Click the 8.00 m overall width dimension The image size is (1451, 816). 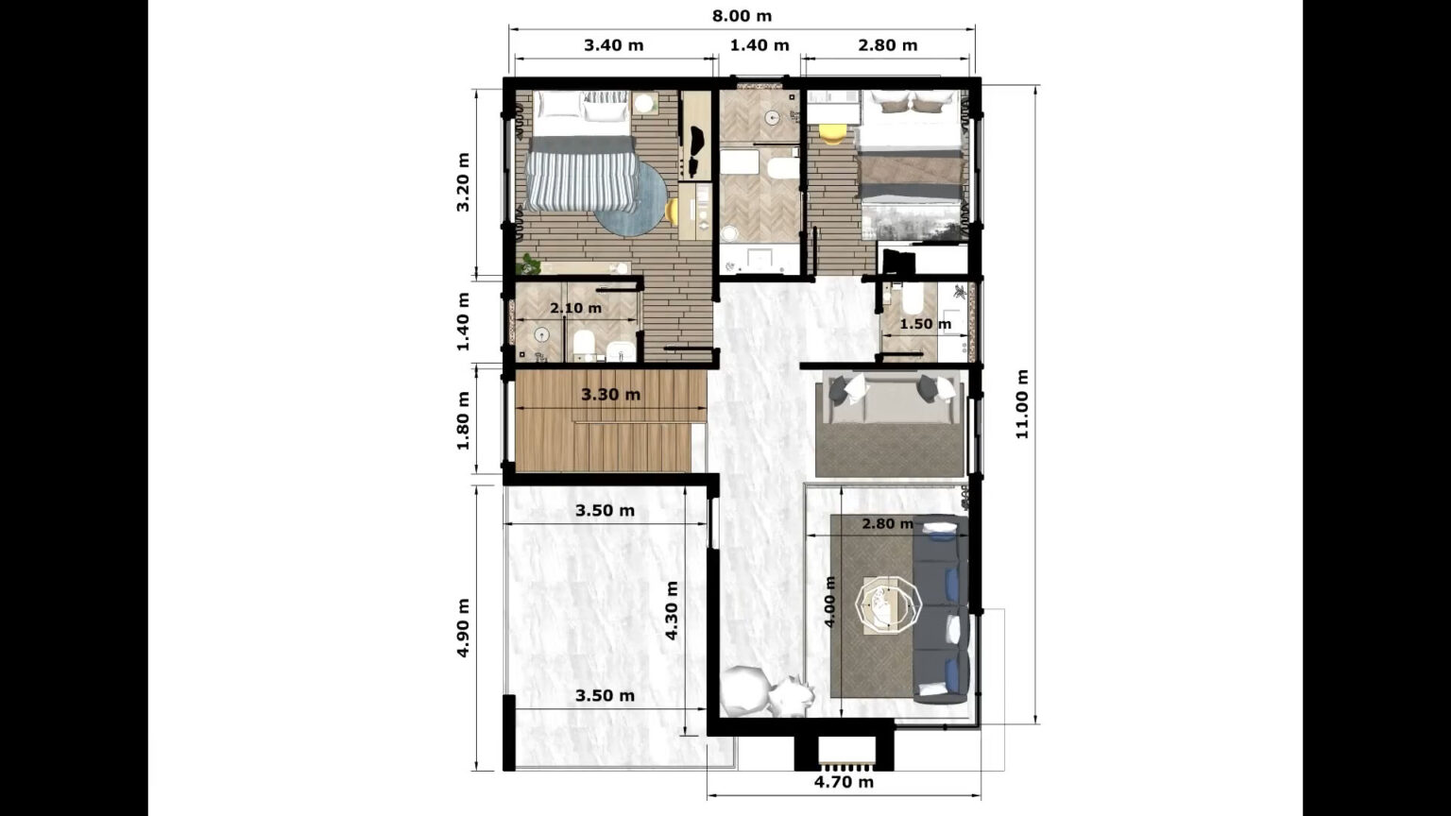click(x=742, y=16)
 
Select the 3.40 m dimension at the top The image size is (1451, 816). click(x=614, y=45)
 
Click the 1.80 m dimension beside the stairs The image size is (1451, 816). click(x=464, y=420)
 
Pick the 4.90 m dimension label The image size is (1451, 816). click(x=464, y=626)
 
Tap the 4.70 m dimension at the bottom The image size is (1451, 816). click(x=844, y=782)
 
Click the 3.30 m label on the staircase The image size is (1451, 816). click(x=610, y=395)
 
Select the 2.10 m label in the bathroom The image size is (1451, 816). click(x=575, y=309)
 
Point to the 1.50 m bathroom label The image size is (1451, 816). click(x=925, y=324)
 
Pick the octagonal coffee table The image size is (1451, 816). click(x=887, y=602)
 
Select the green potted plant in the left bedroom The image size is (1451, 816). click(x=529, y=264)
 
